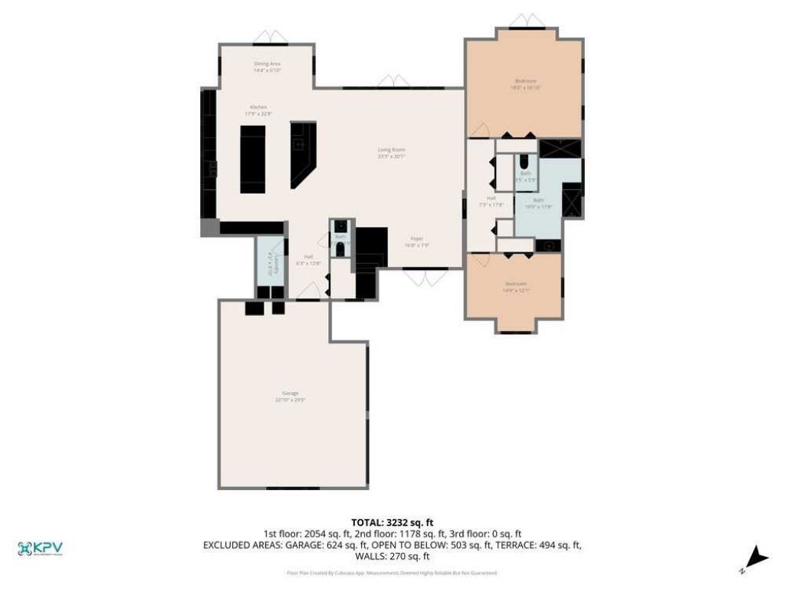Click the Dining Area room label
[x=268, y=67]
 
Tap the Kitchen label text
[x=258, y=110]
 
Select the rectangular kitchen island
[x=253, y=160]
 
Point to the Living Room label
[x=391, y=153]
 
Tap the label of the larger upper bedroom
[x=525, y=84]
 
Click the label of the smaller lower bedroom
[x=515, y=287]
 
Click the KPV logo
[x=40, y=548]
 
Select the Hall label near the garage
[x=308, y=259]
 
